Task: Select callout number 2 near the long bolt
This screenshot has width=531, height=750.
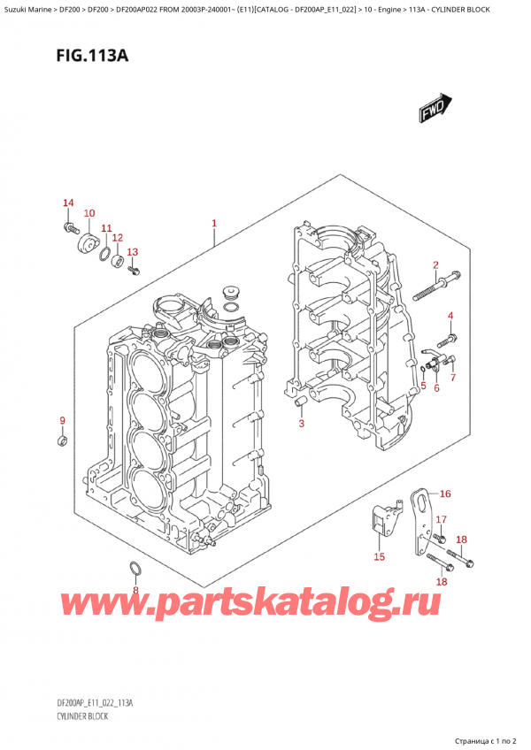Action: point(435,265)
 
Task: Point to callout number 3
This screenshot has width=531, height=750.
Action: point(301,424)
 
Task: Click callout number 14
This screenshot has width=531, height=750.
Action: point(68,204)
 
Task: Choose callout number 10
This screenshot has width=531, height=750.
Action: point(88,213)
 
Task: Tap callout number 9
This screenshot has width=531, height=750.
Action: point(62,419)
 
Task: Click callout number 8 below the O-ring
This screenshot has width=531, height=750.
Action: point(135,590)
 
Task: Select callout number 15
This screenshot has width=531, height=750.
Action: point(379,556)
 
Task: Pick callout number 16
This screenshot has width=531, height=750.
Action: point(445,494)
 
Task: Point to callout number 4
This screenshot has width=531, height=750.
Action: point(450,316)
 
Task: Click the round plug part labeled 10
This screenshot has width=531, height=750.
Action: point(87,245)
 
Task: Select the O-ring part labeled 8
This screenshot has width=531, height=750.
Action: point(135,568)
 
